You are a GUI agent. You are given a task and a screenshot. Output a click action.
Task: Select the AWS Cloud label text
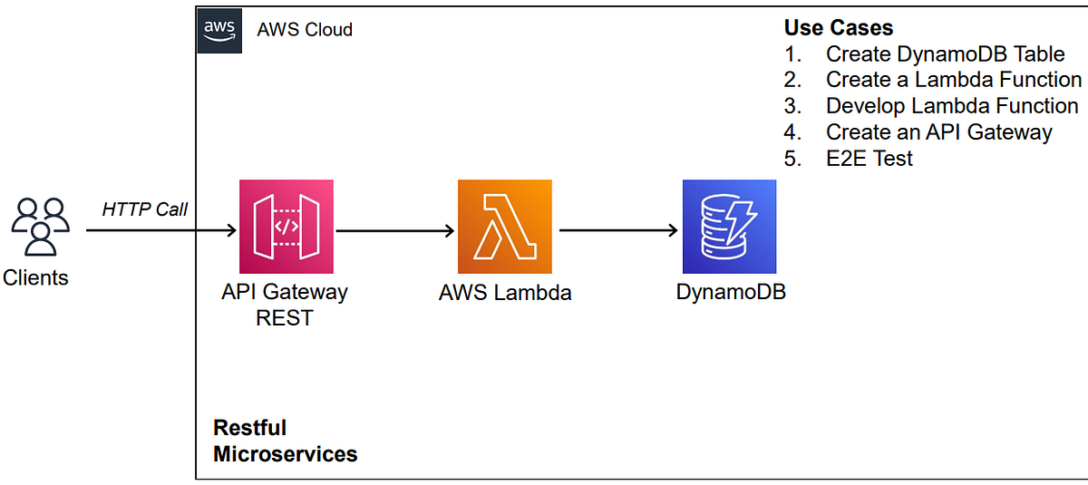(x=305, y=29)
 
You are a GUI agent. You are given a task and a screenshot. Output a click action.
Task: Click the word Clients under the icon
(x=35, y=277)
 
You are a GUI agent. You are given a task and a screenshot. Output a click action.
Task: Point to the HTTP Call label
(x=144, y=209)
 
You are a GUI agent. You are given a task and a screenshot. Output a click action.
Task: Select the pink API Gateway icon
(x=286, y=227)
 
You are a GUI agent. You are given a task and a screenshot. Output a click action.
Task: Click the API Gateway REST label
(x=286, y=306)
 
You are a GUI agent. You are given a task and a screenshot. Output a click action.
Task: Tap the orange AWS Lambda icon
(x=505, y=227)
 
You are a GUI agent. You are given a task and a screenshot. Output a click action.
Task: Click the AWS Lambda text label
(x=505, y=293)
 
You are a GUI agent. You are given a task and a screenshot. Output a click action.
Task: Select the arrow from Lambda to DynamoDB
(x=619, y=231)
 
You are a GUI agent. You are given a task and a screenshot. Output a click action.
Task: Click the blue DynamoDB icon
(x=729, y=227)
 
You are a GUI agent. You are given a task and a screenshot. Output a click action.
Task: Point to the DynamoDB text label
(x=731, y=293)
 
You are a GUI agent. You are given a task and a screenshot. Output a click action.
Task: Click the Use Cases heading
(x=838, y=27)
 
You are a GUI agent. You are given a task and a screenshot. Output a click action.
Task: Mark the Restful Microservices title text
(x=285, y=441)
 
